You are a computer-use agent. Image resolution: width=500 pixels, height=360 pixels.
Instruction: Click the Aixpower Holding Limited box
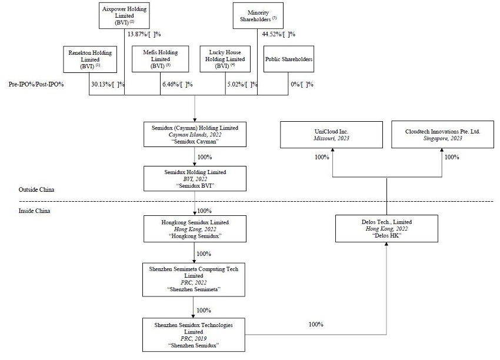click(x=124, y=15)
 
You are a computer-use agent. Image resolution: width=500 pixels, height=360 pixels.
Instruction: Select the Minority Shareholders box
click(x=258, y=15)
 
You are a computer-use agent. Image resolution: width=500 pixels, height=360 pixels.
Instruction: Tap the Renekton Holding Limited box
click(x=89, y=59)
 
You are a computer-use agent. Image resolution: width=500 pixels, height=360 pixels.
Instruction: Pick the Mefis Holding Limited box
click(x=157, y=59)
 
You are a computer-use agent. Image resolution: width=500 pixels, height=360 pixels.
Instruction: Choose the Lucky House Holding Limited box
click(x=225, y=59)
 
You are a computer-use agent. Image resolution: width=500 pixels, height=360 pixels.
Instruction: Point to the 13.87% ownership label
click(x=144, y=34)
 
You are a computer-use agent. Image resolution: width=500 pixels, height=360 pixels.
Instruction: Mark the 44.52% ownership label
click(x=278, y=34)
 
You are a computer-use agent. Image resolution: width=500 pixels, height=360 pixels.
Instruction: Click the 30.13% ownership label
click(x=108, y=85)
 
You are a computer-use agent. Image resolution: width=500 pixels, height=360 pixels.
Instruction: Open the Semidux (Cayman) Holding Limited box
click(x=194, y=135)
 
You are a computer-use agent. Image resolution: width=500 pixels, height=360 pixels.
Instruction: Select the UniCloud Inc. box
click(x=332, y=135)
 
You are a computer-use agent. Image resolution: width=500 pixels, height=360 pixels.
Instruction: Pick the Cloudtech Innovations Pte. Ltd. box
click(x=442, y=135)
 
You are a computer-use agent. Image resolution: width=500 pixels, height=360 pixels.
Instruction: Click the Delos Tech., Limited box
click(x=387, y=228)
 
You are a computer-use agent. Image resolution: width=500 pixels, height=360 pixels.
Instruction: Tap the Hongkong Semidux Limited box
click(x=194, y=228)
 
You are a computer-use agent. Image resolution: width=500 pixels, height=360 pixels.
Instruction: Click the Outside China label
click(x=36, y=190)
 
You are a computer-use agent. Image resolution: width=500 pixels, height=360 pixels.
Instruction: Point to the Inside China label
click(x=34, y=211)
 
